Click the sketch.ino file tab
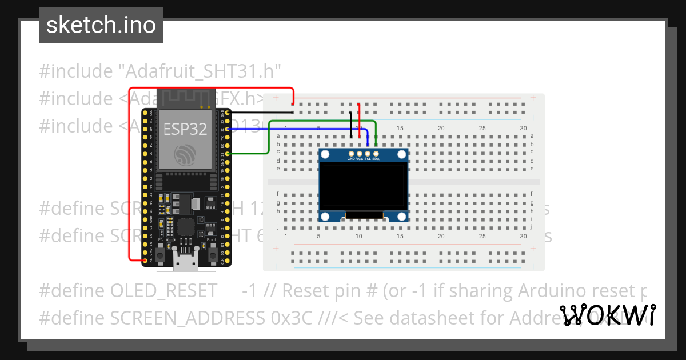[x=101, y=25]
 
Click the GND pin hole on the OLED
[x=351, y=153]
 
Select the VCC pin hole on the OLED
[x=359, y=153]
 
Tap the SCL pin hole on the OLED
[x=368, y=153]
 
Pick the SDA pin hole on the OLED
[x=376, y=153]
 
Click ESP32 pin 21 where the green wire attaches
[x=228, y=154]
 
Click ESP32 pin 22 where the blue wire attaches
[x=228, y=129]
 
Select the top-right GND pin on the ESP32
[x=228, y=113]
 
